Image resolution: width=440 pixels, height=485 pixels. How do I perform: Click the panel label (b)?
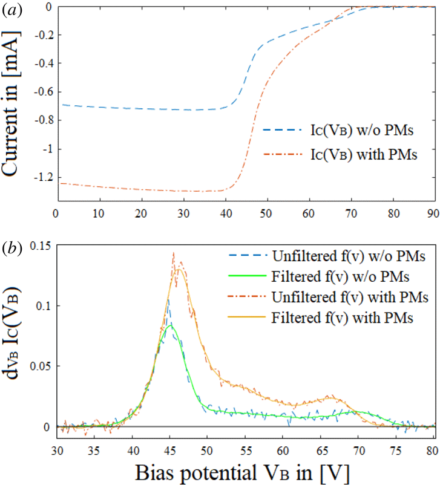(11, 249)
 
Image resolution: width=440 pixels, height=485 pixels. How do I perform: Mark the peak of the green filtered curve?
(171, 326)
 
